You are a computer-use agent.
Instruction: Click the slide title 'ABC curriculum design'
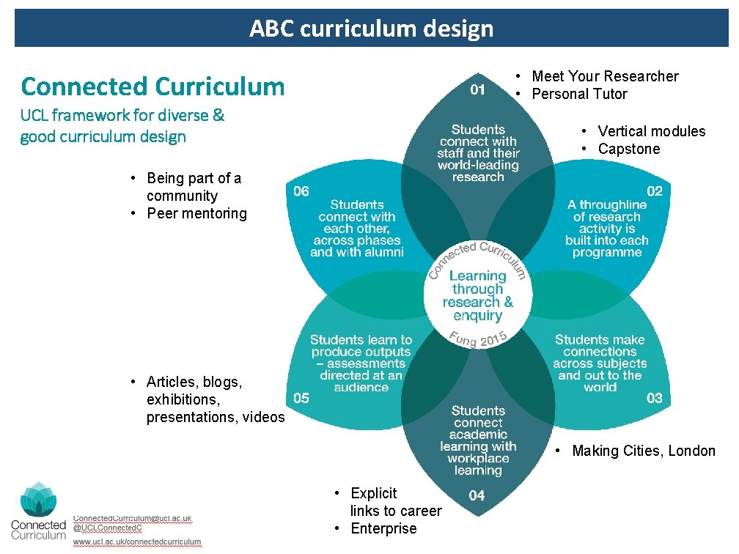[371, 29]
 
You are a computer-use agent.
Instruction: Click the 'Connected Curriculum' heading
[152, 86]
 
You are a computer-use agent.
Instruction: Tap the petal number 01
[477, 89]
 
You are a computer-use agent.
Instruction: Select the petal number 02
[655, 191]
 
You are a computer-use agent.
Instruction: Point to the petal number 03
[655, 398]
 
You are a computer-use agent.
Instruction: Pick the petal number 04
[477, 495]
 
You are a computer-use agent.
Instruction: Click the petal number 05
[301, 398]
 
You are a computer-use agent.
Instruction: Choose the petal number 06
[301, 191]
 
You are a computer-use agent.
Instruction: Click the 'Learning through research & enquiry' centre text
[477, 296]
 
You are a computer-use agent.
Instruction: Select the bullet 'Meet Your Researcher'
[605, 76]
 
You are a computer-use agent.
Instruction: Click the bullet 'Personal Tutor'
[579, 94]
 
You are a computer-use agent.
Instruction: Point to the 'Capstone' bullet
[628, 149]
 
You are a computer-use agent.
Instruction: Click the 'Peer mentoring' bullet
[196, 213]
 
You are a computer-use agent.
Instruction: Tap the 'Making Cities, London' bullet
[643, 451]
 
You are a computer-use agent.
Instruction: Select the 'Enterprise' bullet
[383, 528]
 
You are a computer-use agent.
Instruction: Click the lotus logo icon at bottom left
[37, 500]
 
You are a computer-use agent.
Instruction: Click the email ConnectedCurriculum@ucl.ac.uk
[133, 518]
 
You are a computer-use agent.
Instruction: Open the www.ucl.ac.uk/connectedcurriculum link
[137, 542]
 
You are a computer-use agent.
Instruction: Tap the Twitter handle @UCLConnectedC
[108, 528]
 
